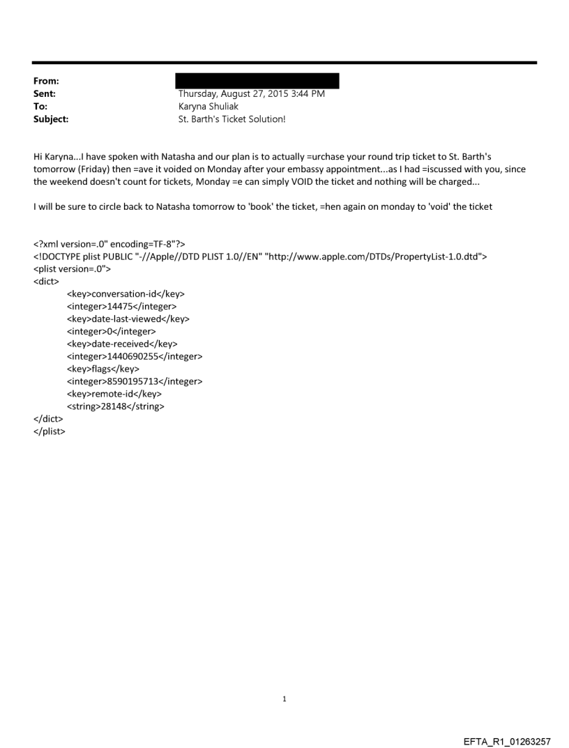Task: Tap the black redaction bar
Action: (257, 80)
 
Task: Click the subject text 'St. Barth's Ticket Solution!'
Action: (232, 119)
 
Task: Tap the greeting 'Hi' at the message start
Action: (39, 157)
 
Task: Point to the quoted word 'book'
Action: (294, 207)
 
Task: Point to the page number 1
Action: (284, 699)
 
